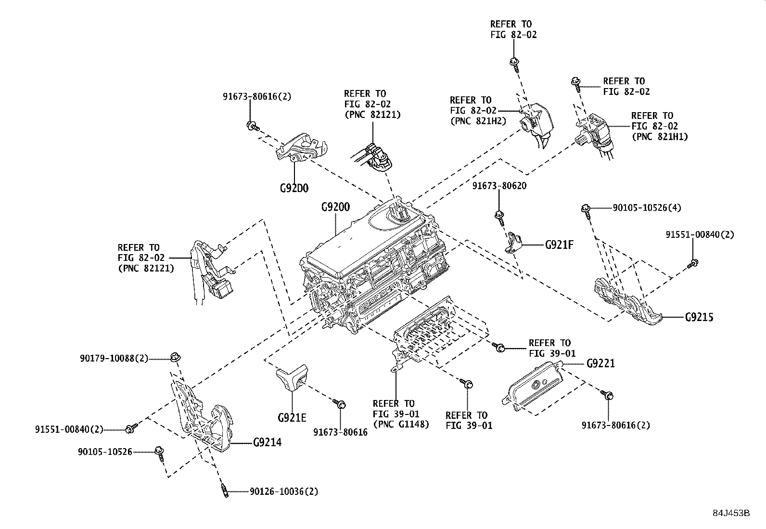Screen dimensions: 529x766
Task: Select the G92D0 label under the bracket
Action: coord(294,188)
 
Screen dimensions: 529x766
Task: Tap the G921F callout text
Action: coord(559,245)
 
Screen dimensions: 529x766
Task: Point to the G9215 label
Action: coord(699,317)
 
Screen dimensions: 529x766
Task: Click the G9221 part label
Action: coord(600,363)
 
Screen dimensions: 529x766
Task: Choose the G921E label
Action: coord(292,417)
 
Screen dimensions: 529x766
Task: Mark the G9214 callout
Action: coord(267,442)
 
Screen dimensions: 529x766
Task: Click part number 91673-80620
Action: coord(499,186)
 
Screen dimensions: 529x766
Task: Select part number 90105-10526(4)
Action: coord(647,208)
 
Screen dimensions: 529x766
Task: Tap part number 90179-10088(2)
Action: coord(114,358)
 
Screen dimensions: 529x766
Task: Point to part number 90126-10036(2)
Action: coord(283,491)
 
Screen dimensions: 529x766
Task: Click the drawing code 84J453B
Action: coord(731,513)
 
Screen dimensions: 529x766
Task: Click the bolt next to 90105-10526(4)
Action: coord(587,209)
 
